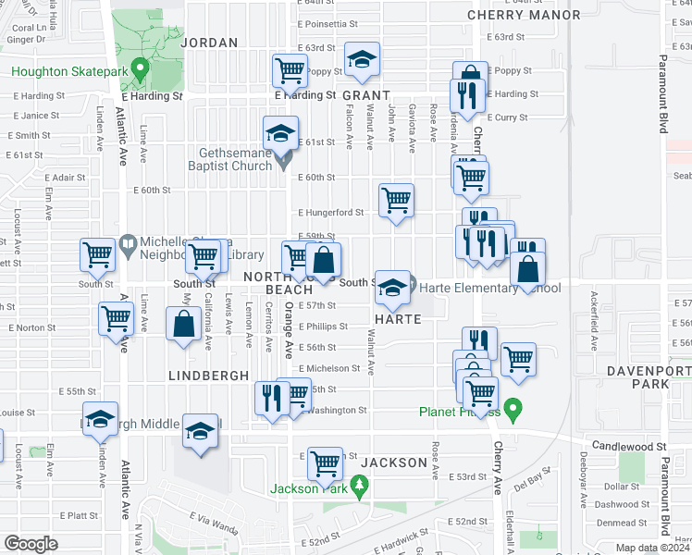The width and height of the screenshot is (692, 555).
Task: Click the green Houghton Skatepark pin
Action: point(140,68)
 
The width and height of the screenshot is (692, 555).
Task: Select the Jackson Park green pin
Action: point(361,485)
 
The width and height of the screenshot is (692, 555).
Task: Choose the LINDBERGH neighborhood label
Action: point(208,376)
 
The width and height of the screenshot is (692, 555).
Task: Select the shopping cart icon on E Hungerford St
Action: point(396,200)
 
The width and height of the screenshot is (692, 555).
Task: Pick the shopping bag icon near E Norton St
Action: point(184,324)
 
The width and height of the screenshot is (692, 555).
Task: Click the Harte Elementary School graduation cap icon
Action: point(391,288)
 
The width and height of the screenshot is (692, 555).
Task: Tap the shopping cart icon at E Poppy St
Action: point(290,69)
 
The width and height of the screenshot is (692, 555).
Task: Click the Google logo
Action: point(31,544)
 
